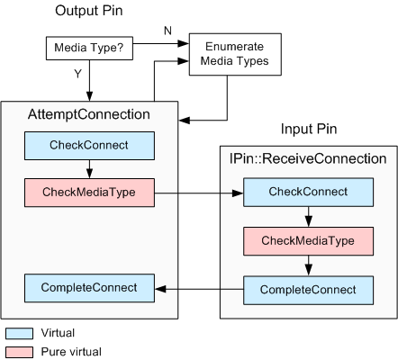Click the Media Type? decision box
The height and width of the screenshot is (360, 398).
(78, 47)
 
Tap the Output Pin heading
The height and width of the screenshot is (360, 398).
(90, 13)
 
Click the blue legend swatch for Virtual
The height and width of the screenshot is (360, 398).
(19, 332)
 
